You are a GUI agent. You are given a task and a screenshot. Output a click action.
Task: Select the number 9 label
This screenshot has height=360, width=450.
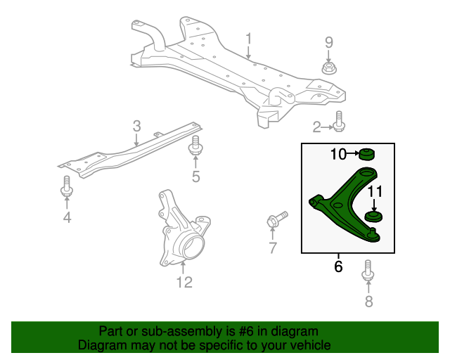(328, 43)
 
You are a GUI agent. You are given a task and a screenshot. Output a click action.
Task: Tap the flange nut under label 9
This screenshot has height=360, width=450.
(328, 68)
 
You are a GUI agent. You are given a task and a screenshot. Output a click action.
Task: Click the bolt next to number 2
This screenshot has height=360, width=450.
(340, 122)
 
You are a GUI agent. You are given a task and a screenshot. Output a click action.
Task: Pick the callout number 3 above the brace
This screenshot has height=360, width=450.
(136, 127)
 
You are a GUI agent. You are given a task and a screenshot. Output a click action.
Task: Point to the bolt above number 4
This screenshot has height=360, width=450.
(67, 186)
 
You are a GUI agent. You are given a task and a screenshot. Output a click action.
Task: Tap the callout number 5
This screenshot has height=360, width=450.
(195, 176)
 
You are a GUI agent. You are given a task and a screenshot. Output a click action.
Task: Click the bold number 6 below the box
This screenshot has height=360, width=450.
(338, 267)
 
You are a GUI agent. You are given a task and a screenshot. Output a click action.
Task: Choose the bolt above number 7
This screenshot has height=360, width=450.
(276, 220)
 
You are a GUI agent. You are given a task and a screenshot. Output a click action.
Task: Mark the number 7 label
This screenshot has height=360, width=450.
(272, 247)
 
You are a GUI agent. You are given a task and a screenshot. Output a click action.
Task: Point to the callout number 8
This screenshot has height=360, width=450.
(368, 302)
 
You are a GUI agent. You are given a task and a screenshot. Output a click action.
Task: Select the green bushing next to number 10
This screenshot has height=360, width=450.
(365, 153)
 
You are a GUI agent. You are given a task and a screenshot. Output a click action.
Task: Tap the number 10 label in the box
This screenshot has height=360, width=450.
(339, 154)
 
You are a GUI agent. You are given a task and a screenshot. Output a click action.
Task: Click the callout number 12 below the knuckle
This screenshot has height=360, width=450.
(184, 283)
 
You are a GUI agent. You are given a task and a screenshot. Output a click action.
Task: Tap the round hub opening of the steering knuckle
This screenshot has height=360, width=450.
(191, 247)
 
